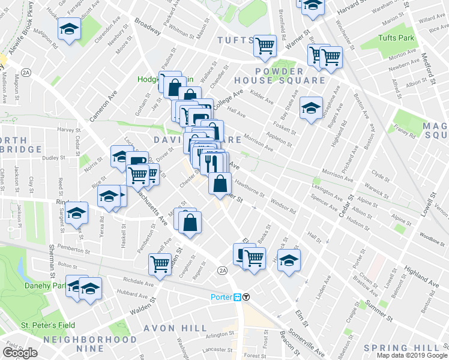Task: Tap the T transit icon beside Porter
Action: coord(246,297)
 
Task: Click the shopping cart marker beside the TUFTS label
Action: coord(265,44)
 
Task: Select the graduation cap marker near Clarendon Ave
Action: coord(69,28)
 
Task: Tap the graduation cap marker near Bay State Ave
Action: coord(310,107)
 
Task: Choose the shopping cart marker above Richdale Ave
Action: coord(160,263)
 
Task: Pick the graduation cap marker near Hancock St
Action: coord(289,260)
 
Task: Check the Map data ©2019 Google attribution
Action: coord(412,355)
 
